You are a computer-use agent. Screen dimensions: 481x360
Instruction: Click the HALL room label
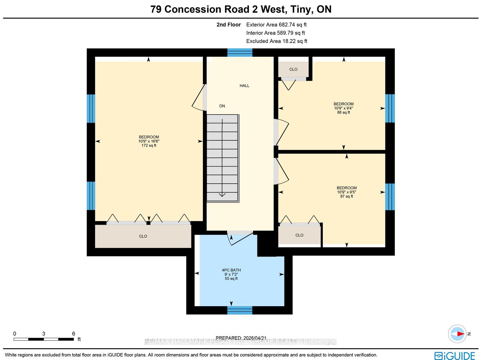(x=244, y=86)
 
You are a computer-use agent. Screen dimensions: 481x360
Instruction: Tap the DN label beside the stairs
(x=222, y=106)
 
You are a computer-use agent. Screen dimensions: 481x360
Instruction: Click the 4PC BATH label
(x=231, y=270)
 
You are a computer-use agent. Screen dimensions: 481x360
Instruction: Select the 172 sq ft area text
(x=149, y=145)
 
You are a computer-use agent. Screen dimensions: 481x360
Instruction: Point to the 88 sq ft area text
(x=343, y=112)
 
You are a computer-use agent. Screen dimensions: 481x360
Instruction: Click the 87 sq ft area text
(x=346, y=196)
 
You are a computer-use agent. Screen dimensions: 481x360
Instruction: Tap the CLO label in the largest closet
(x=143, y=236)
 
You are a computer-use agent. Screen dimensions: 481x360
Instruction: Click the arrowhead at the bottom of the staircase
(x=222, y=195)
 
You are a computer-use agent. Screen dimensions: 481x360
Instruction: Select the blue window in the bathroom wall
(x=240, y=310)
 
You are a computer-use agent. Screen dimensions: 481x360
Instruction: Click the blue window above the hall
(x=240, y=53)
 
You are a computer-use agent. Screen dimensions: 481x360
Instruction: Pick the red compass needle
(x=460, y=334)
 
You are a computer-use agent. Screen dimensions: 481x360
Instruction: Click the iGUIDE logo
(x=455, y=355)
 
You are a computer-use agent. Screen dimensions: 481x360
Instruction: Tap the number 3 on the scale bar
(x=44, y=334)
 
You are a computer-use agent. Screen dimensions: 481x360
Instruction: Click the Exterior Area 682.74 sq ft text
(x=276, y=25)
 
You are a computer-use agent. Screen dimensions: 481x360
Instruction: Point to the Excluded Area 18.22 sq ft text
(x=277, y=41)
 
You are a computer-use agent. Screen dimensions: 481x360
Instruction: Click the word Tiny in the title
(x=302, y=9)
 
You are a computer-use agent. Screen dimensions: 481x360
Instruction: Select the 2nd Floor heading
(x=228, y=25)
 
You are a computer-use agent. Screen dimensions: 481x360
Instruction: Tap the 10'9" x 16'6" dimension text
(x=149, y=141)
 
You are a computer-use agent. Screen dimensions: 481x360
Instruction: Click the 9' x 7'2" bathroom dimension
(x=231, y=274)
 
